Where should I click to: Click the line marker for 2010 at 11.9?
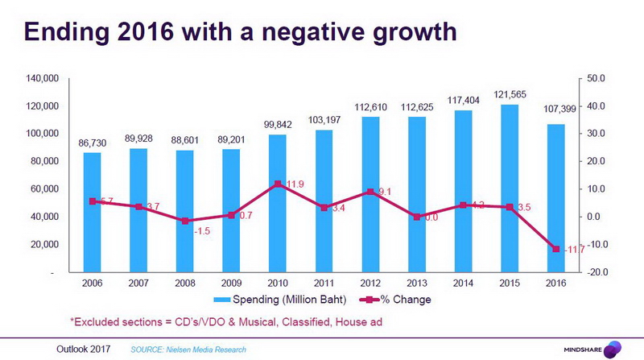click(278, 184)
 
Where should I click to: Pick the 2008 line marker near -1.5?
click(185, 221)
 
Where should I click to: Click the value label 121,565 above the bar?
click(510, 95)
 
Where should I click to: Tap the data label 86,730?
click(93, 142)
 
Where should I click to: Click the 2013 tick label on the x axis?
click(417, 283)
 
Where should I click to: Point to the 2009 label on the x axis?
click(231, 283)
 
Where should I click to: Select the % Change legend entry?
click(402, 300)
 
